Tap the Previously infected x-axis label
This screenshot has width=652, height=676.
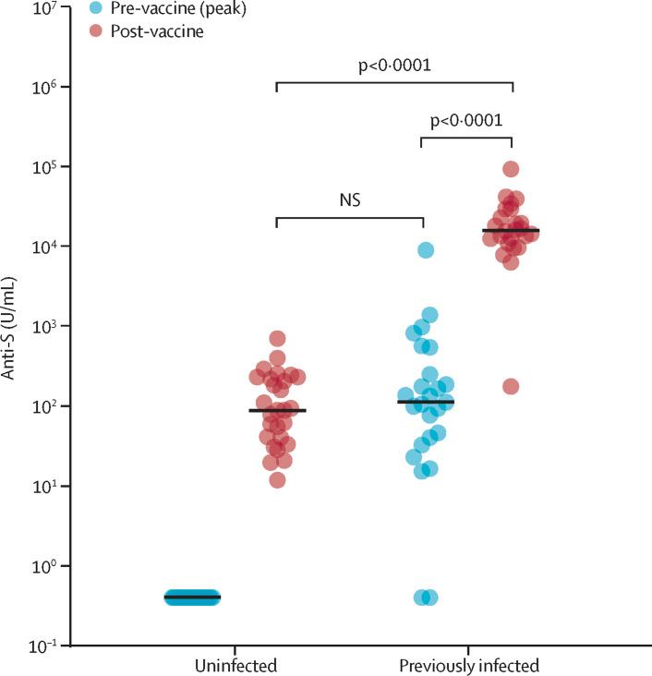pyautogui.click(x=468, y=665)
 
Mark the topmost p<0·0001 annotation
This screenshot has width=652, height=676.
pyautogui.click(x=394, y=66)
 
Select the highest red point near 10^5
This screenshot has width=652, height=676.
pyautogui.click(x=511, y=169)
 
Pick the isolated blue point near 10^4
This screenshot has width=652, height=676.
pyautogui.click(x=425, y=249)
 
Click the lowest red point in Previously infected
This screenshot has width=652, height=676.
pyautogui.click(x=511, y=386)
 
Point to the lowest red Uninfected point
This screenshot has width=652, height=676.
pyautogui.click(x=277, y=479)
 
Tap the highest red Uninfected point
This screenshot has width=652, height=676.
pyautogui.click(x=277, y=338)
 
